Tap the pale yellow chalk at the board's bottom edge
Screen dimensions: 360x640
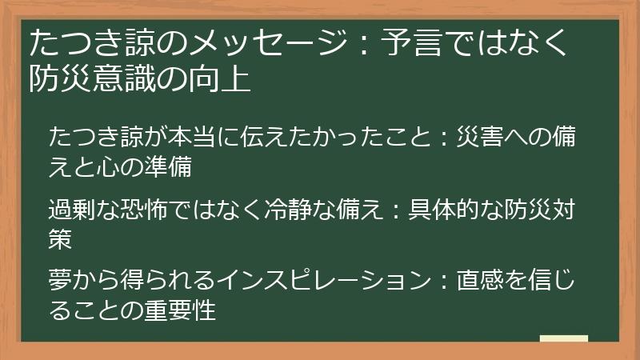pos(563,339)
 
